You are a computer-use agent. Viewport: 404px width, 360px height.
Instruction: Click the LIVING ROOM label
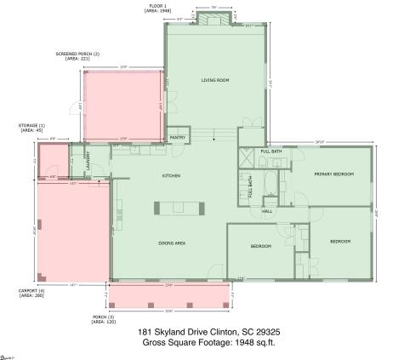(x=215, y=80)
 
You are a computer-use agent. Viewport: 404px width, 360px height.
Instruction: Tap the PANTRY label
(x=178, y=137)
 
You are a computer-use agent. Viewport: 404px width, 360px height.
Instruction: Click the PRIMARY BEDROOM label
(x=333, y=174)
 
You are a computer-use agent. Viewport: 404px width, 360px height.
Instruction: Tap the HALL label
(x=267, y=211)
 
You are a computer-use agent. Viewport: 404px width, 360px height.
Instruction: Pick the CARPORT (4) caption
(x=34, y=294)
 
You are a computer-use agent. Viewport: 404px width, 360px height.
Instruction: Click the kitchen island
(x=179, y=208)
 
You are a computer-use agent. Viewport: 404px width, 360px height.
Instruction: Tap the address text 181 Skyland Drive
(x=202, y=333)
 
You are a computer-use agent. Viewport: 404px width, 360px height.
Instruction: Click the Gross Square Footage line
(x=202, y=343)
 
